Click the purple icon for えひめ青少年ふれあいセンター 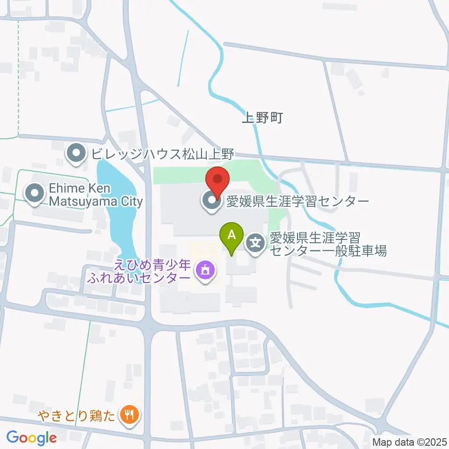(x=205, y=270)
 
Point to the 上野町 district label (x=262, y=118)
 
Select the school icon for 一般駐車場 (x=256, y=243)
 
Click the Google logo (x=32, y=437)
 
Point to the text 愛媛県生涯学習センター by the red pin (x=297, y=201)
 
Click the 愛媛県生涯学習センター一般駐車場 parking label (x=327, y=245)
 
